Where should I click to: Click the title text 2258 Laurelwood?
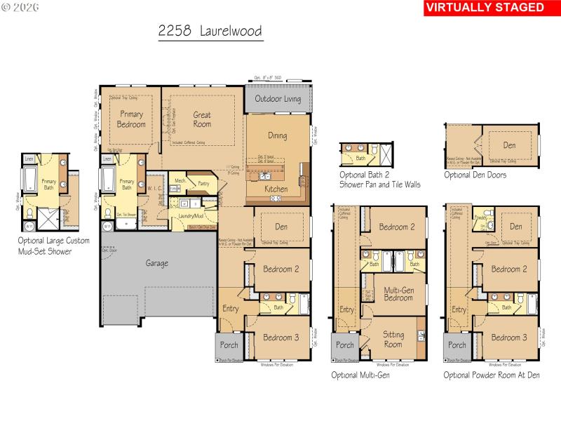[210, 32]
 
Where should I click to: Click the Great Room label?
[202, 119]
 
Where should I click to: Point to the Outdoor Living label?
[278, 99]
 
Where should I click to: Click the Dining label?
[278, 135]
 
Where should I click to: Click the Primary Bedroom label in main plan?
[132, 119]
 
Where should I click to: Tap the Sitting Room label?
[393, 340]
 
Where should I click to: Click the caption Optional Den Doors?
[475, 175]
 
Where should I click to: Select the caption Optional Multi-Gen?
[360, 375]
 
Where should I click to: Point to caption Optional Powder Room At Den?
[491, 375]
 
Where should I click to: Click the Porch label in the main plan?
[229, 345]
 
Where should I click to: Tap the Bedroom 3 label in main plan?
[281, 338]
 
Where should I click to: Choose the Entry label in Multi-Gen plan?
[346, 310]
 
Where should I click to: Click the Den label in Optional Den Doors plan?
[510, 145]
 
